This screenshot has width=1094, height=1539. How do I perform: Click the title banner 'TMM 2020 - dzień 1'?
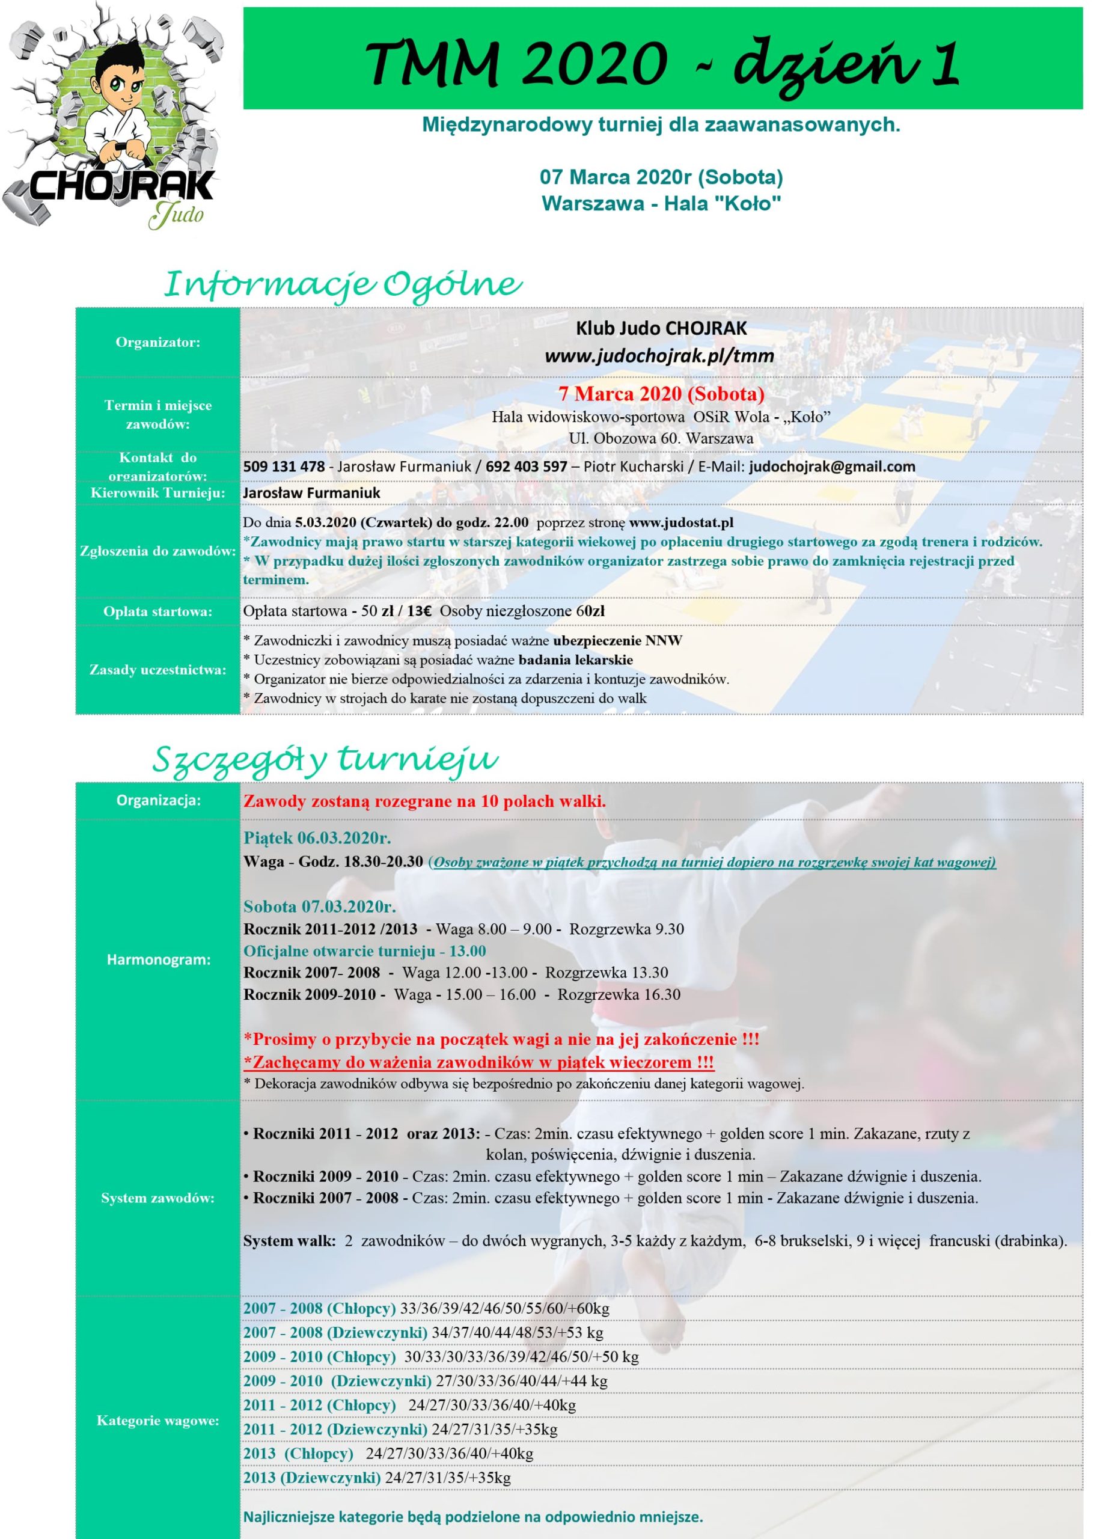point(663,61)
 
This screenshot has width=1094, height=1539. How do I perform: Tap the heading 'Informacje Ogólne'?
point(343,284)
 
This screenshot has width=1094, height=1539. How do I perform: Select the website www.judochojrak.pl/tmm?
point(659,356)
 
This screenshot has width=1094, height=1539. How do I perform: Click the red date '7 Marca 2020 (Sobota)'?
point(661,394)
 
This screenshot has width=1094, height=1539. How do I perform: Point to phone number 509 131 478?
point(284,466)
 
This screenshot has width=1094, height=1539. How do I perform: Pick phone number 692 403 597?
point(526,466)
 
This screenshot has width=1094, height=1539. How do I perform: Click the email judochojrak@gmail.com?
point(831,466)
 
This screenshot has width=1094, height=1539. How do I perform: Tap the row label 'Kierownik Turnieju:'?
point(157,493)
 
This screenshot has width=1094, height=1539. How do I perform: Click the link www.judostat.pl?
point(681,522)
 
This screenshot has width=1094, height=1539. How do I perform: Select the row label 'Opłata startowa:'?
point(157,611)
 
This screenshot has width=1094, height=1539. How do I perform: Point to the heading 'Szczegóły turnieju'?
point(325,760)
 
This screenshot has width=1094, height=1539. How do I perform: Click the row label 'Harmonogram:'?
point(157,959)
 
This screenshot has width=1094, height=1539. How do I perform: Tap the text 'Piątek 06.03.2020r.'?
point(317,838)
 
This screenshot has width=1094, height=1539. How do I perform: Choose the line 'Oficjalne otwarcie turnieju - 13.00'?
point(364,951)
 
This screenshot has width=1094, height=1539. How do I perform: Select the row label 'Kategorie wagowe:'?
point(157,1421)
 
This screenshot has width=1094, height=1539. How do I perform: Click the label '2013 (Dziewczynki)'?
point(312,1478)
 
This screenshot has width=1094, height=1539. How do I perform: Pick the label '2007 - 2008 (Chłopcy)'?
point(319,1309)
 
